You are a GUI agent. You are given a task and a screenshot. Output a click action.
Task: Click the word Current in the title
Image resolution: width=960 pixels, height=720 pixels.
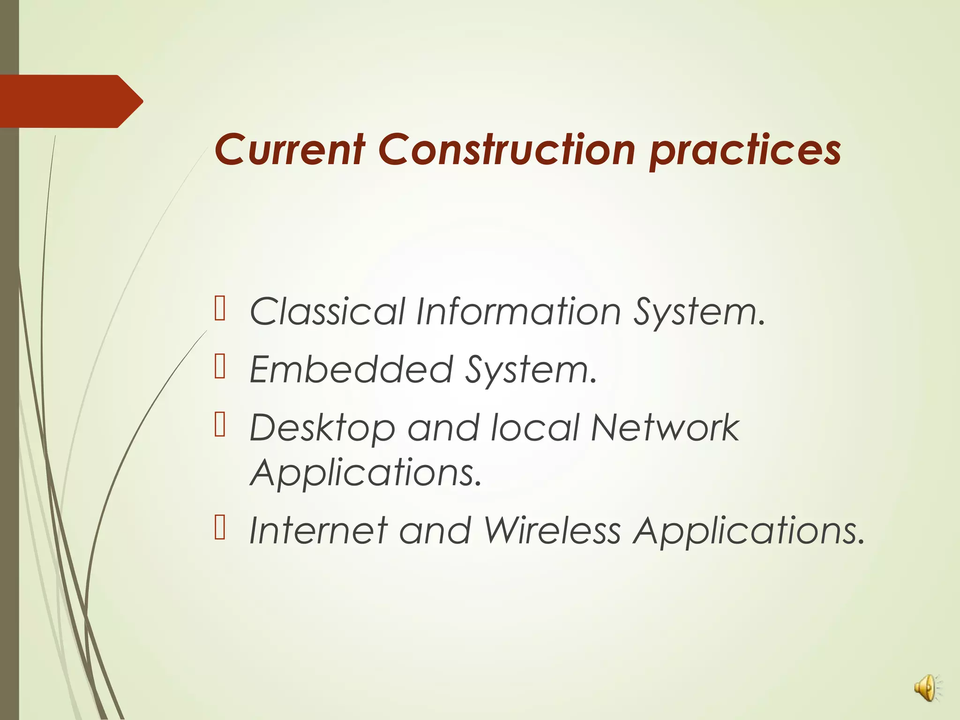click(290, 150)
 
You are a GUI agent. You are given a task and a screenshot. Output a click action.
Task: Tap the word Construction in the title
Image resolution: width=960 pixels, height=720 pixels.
click(506, 150)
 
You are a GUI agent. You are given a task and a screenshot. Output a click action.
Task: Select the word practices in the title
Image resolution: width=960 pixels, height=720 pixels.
click(745, 151)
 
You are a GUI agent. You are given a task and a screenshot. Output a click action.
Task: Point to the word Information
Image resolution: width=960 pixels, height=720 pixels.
click(518, 312)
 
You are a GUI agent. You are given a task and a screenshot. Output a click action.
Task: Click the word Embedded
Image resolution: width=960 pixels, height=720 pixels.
click(351, 370)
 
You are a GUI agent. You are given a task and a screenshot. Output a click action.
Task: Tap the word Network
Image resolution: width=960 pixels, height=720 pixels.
click(665, 427)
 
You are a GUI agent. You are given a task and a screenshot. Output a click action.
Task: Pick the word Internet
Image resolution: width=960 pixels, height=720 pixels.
click(318, 531)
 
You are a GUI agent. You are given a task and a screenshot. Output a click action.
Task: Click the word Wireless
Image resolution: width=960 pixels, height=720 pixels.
click(552, 531)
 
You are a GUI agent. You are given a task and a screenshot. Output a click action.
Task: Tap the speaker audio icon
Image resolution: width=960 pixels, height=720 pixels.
click(925, 689)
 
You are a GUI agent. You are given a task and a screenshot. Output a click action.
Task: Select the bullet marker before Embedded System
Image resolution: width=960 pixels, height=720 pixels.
click(220, 367)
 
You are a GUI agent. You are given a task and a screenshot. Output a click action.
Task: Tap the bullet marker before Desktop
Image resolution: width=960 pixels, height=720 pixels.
click(220, 425)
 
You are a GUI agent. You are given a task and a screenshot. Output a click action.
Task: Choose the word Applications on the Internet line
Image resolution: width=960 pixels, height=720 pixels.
click(749, 532)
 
